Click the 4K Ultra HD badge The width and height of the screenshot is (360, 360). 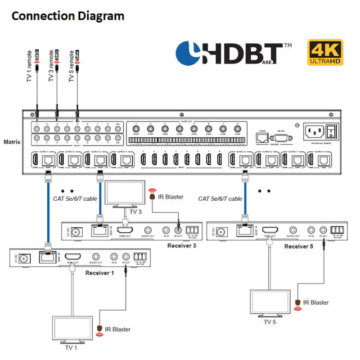325,53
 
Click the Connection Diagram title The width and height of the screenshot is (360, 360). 67,16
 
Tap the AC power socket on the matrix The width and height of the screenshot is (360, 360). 314,132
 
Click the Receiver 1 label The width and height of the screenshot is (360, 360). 99,273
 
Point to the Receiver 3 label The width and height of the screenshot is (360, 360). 182,245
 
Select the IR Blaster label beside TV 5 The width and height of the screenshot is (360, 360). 316,302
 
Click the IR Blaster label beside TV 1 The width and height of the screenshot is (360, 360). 118,329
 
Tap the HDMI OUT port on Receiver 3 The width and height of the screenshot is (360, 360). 125,230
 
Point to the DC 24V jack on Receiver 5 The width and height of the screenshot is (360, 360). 220,233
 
